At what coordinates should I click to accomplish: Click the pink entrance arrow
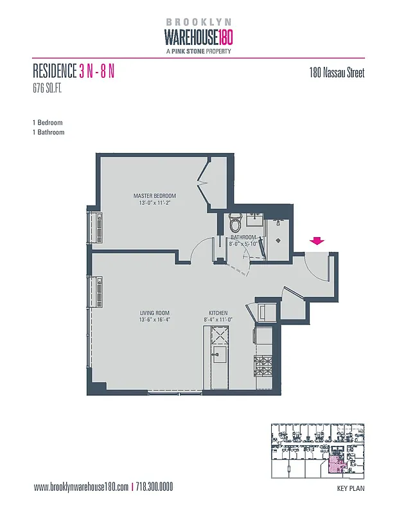[317, 241]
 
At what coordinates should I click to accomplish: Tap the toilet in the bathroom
[235, 224]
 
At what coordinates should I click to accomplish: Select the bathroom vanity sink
[254, 221]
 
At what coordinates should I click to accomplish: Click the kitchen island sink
[218, 354]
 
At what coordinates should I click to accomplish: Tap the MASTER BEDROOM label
[154, 196]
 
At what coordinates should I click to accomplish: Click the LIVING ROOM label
[154, 314]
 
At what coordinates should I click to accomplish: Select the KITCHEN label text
[218, 314]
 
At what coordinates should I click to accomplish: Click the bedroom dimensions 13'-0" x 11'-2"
[154, 203]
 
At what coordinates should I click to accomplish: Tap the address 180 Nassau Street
[337, 73]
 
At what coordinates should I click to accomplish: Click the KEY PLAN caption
[351, 489]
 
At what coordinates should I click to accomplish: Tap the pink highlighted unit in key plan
[336, 466]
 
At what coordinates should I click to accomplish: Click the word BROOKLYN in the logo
[198, 22]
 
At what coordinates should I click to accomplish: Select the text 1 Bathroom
[48, 132]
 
